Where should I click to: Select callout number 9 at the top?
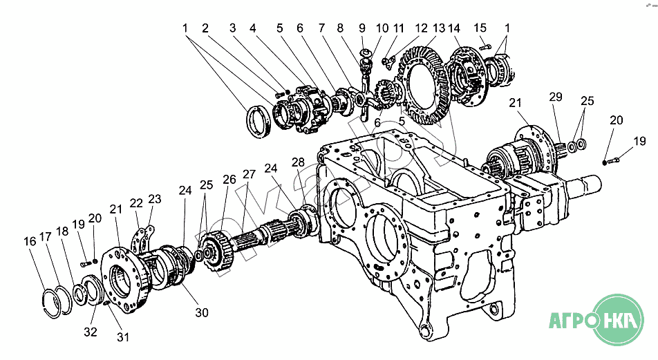361,28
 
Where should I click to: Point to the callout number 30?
201,313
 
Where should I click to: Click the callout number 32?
91,332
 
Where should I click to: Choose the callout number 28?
298,162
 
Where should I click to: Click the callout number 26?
229,179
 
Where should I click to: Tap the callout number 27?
249,174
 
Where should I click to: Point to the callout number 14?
454,28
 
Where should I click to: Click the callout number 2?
205,28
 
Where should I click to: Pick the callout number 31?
123,337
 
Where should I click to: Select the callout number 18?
62,231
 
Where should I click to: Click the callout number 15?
480,28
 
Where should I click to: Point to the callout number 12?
422,28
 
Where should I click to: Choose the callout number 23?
154,199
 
